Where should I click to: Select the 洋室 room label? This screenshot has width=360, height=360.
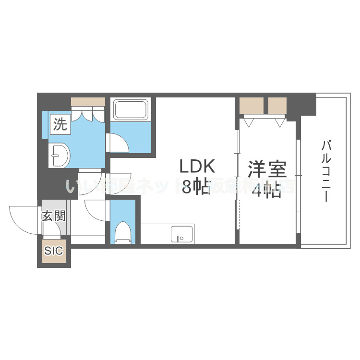tap(267, 170)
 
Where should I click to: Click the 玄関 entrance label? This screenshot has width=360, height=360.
tap(53, 216)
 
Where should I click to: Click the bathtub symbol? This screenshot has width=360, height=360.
tap(131, 111)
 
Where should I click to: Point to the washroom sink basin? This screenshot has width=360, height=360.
tap(60, 155)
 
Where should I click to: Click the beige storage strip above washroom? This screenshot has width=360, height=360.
tap(88, 101)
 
